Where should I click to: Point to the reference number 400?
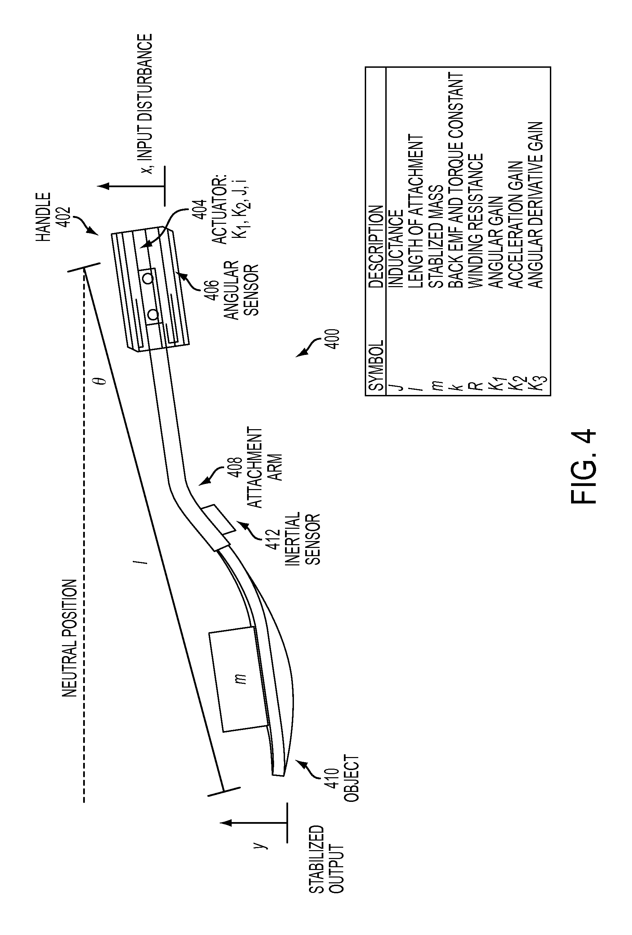(334, 340)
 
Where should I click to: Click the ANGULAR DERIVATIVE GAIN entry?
(536, 205)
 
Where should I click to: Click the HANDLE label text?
(44, 216)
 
